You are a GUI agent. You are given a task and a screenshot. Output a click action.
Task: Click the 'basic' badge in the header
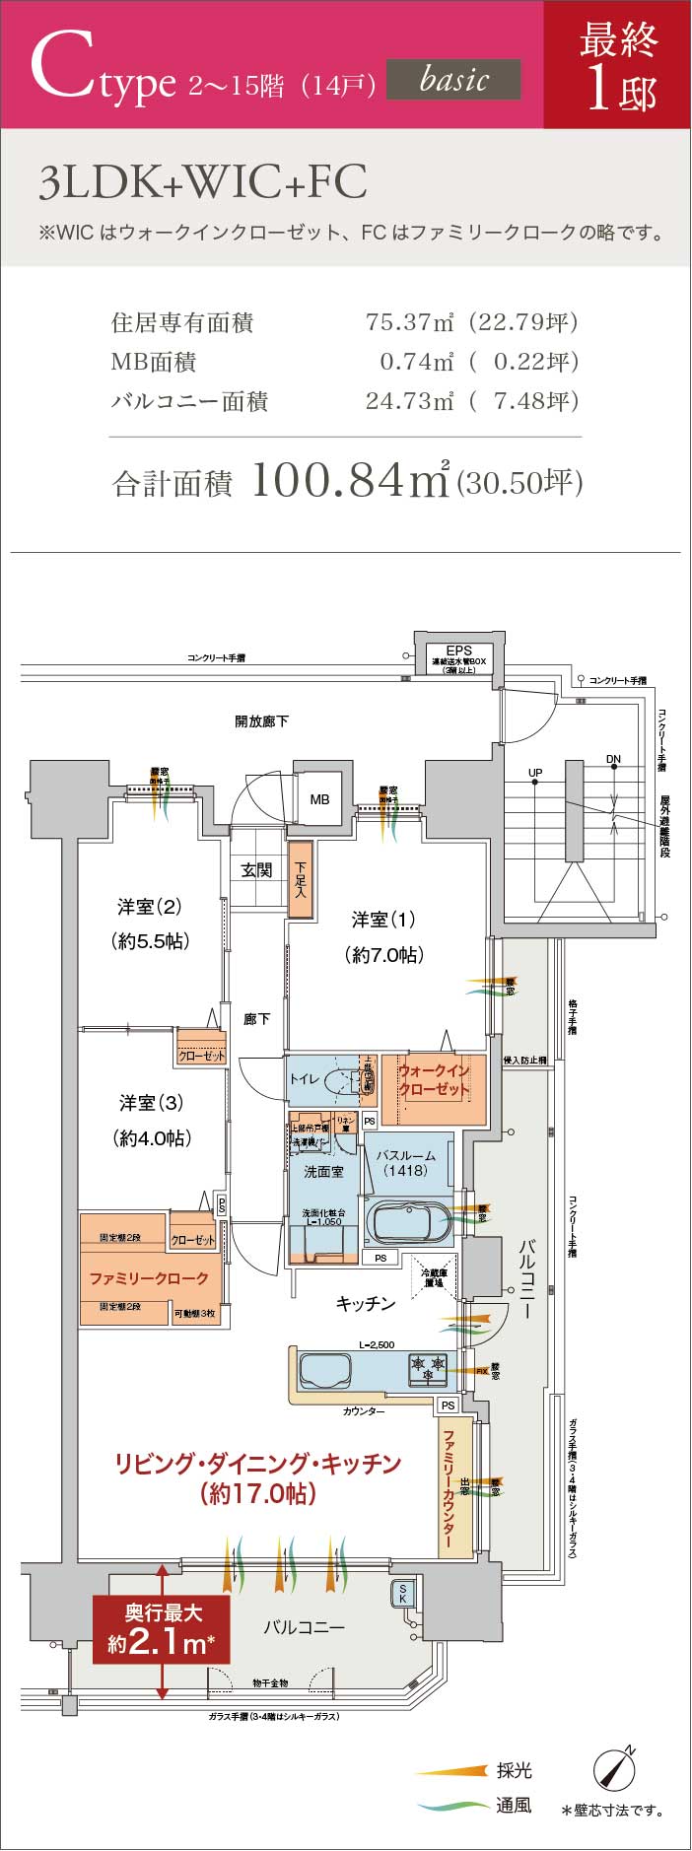point(453,79)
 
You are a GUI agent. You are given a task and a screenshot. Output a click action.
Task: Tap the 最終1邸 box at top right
point(618,65)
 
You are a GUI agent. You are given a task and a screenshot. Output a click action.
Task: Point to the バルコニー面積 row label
point(189,401)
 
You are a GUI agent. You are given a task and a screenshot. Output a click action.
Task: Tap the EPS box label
point(458,650)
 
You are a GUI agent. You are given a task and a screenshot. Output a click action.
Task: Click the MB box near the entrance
point(319,799)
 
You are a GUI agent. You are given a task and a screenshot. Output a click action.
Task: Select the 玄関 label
point(257,870)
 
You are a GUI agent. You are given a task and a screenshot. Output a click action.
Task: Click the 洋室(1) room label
point(383,920)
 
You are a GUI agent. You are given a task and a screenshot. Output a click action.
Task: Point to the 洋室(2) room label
point(149,907)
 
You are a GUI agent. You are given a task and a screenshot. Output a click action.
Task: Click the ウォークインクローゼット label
point(434,1079)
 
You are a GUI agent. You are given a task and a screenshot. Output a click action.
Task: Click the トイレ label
point(304,1079)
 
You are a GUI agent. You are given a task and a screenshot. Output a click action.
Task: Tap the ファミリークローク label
point(149,1278)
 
